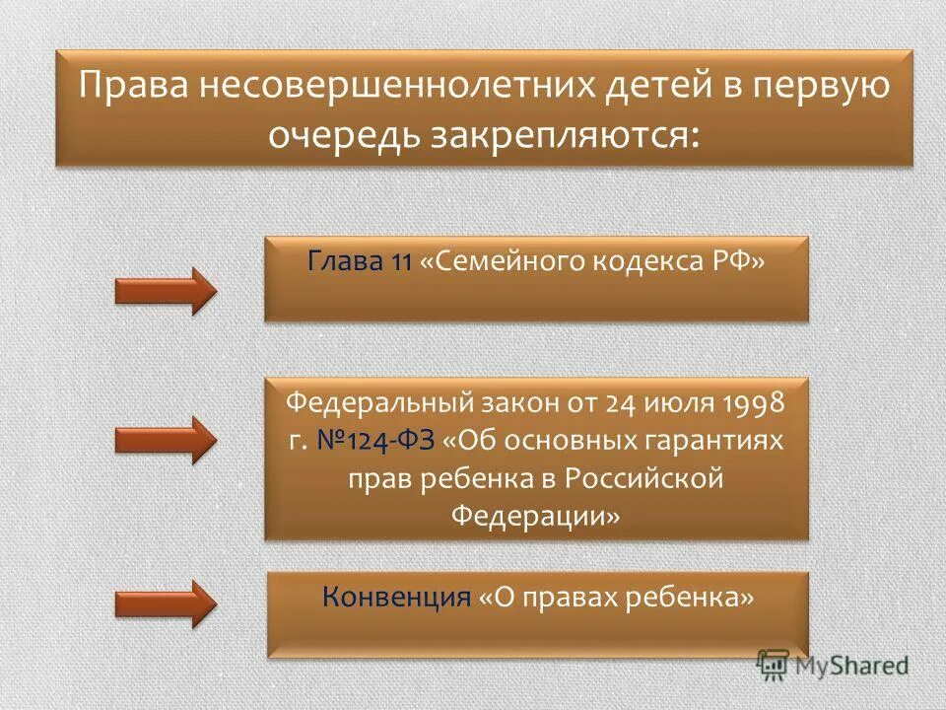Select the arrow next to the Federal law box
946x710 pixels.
point(165,440)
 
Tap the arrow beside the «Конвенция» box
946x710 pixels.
point(165,603)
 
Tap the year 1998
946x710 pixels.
point(751,403)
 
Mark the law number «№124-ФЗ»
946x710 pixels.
point(374,441)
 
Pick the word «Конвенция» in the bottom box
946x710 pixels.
point(395,597)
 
